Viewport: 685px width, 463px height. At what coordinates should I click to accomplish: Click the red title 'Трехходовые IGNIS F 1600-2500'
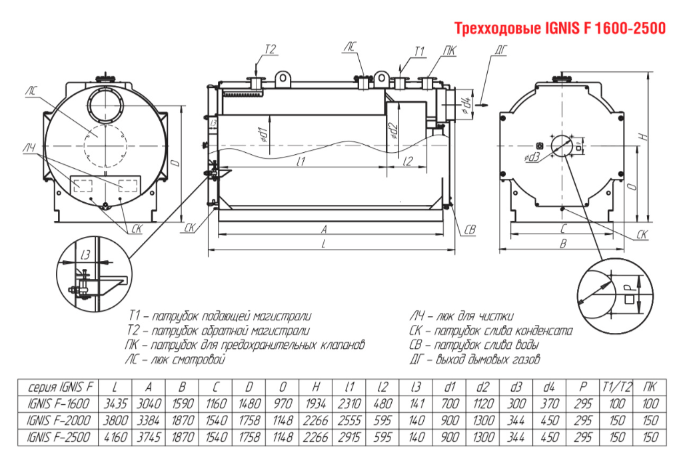pyautogui.click(x=559, y=29)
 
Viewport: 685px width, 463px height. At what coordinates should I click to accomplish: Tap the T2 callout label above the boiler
pyautogui.click(x=271, y=49)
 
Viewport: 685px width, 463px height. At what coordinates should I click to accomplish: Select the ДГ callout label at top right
pyautogui.click(x=502, y=49)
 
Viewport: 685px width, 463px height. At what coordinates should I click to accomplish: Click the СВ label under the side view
pyautogui.click(x=470, y=229)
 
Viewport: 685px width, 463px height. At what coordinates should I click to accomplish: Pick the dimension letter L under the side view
pyautogui.click(x=323, y=244)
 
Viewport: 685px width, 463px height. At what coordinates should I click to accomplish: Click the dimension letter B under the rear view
pyautogui.click(x=564, y=244)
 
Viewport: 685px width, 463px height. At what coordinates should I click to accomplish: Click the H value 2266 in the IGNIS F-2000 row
pyautogui.click(x=316, y=420)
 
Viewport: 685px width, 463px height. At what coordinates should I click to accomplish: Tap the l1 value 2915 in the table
pyautogui.click(x=349, y=437)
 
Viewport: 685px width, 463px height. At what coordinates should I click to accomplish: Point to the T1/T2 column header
pyautogui.click(x=614, y=387)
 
